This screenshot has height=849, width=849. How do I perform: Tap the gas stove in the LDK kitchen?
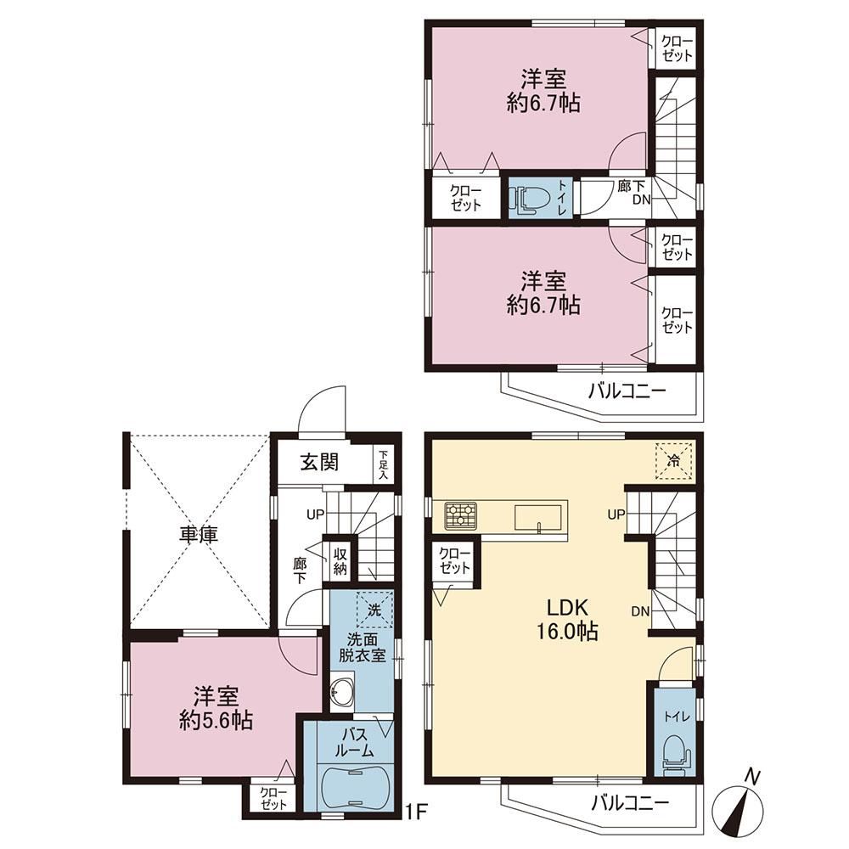461,514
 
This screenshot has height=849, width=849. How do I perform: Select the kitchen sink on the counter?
539,519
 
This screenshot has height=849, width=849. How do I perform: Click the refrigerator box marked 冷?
674,461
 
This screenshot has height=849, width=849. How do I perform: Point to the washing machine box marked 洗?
374,610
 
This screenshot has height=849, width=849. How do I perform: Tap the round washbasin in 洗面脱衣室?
341,692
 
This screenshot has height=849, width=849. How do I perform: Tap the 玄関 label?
319,462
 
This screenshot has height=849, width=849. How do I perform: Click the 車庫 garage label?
199,535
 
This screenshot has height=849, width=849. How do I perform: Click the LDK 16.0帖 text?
567,621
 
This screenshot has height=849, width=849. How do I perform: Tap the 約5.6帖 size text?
216,721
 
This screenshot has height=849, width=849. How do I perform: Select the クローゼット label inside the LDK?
455,561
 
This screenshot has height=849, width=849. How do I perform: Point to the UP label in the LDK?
616,514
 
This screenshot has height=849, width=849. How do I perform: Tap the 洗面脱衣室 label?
363,648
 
